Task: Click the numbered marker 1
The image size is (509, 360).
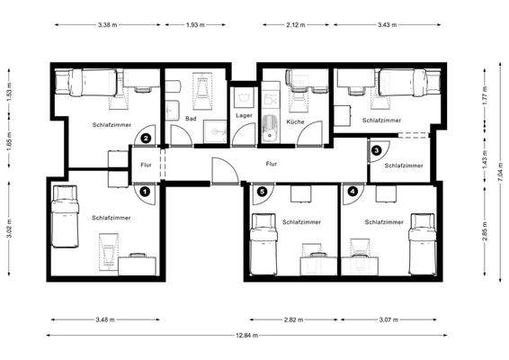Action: point(146,191)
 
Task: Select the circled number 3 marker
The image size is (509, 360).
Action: point(377,150)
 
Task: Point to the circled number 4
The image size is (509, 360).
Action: point(352,191)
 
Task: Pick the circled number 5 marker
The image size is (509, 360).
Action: point(262,191)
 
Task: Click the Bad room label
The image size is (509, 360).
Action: point(191,118)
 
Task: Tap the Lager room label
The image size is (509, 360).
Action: point(244,116)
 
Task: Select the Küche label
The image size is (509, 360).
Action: point(295,121)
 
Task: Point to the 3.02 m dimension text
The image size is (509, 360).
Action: point(10,227)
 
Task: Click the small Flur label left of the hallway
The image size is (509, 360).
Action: point(147,165)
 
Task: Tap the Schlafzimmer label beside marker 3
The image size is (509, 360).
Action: point(404,166)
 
